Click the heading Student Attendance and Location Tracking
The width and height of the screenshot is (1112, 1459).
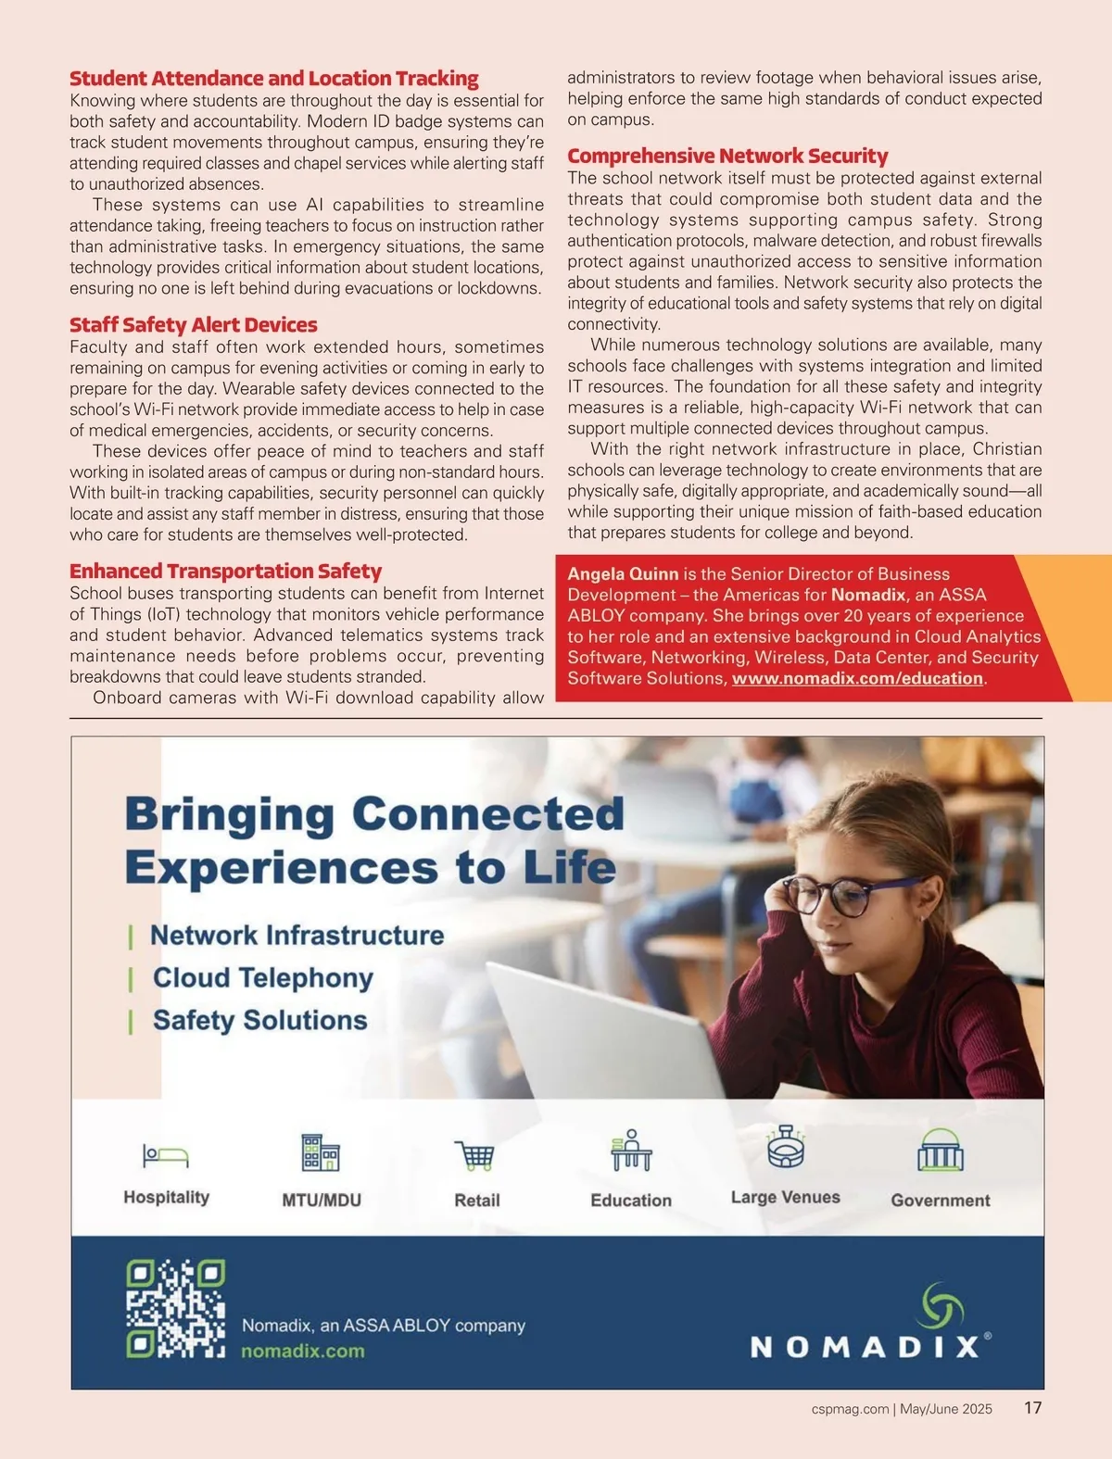pyautogui.click(x=273, y=79)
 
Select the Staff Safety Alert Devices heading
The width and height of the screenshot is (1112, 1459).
pyautogui.click(x=193, y=325)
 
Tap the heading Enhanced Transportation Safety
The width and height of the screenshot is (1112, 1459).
pyautogui.click(x=225, y=572)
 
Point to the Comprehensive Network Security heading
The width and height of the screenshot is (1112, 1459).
pyautogui.click(x=727, y=157)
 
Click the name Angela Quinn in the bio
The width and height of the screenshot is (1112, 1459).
pyautogui.click(x=623, y=574)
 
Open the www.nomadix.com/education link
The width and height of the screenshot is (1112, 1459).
pyautogui.click(x=857, y=679)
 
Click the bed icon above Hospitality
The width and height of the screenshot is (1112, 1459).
pyautogui.click(x=166, y=1156)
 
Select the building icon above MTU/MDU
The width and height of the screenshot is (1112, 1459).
pyautogui.click(x=321, y=1153)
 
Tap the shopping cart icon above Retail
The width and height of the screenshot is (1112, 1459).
pyautogui.click(x=475, y=1156)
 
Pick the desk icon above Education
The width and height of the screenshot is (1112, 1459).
pyautogui.click(x=631, y=1151)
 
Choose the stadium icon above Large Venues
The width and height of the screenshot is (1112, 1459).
pyautogui.click(x=786, y=1147)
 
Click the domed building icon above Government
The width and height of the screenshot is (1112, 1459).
pyautogui.click(x=940, y=1151)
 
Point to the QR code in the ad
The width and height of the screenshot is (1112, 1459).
pyautogui.click(x=175, y=1309)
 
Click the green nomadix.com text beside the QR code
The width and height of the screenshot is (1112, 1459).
pyautogui.click(x=303, y=1352)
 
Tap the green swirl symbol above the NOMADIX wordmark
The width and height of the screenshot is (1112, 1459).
pyautogui.click(x=940, y=1306)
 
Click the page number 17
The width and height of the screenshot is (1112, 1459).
pyautogui.click(x=1032, y=1408)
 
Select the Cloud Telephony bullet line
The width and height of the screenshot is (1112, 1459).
pyautogui.click(x=263, y=978)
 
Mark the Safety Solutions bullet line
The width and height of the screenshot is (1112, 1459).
pyautogui.click(x=259, y=1021)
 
